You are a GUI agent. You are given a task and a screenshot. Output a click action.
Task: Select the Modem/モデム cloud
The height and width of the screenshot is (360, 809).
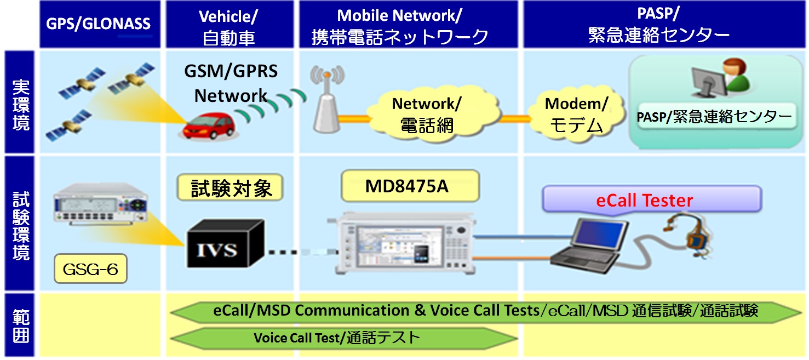click(x=576, y=115)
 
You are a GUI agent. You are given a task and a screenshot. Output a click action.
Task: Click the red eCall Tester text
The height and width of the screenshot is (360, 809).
click(x=644, y=201)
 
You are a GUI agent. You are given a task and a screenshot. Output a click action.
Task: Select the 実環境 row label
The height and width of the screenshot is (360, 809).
click(x=21, y=104)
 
